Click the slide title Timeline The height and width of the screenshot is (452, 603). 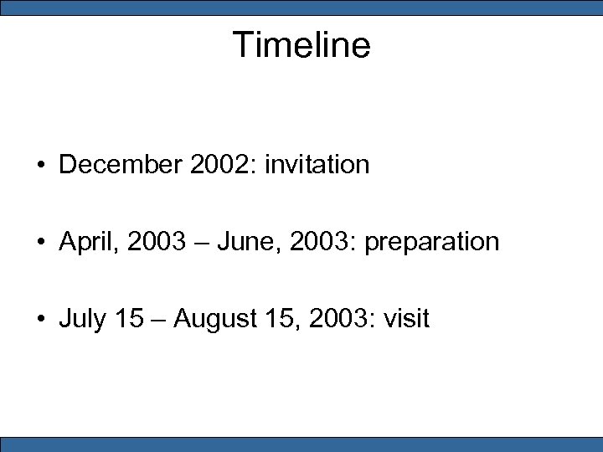pyautogui.click(x=301, y=44)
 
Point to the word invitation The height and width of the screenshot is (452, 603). pyautogui.click(x=317, y=165)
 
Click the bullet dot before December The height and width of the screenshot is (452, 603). pyautogui.click(x=40, y=166)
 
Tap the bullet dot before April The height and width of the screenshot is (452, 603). pyautogui.click(x=40, y=243)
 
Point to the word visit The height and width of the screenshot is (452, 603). pyautogui.click(x=406, y=319)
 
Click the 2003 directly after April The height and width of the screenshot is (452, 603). pyautogui.click(x=153, y=242)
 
